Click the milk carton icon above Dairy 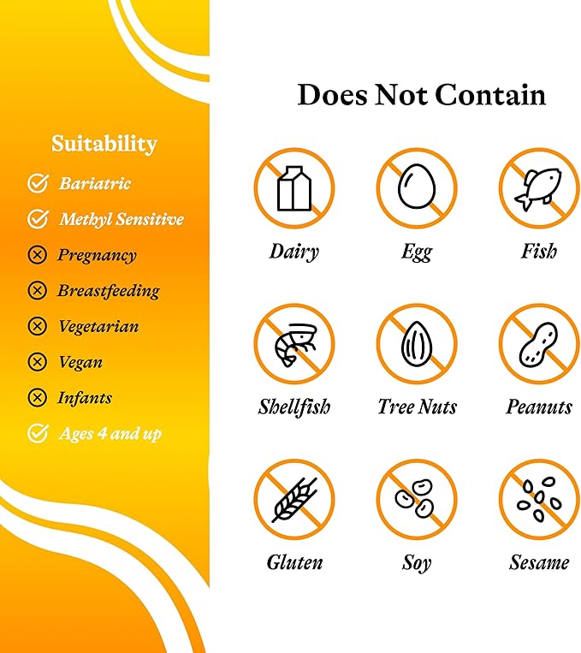[x=294, y=188]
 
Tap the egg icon [x=417, y=186]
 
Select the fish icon [x=538, y=189]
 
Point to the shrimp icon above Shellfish [x=295, y=345]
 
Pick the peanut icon [x=538, y=342]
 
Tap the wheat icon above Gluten [x=294, y=499]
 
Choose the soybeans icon [x=415, y=497]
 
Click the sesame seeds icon [x=539, y=498]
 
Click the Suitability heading [x=104, y=144]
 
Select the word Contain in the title [x=490, y=94]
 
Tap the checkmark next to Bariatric [x=38, y=183]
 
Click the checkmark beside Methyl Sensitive [x=38, y=218]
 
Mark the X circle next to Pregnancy [x=37, y=254]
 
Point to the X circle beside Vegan [x=37, y=362]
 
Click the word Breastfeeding [x=109, y=291]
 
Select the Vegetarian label [x=98, y=326]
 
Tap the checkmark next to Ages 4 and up [x=38, y=433]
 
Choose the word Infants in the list [x=85, y=398]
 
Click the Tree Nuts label [x=417, y=407]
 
